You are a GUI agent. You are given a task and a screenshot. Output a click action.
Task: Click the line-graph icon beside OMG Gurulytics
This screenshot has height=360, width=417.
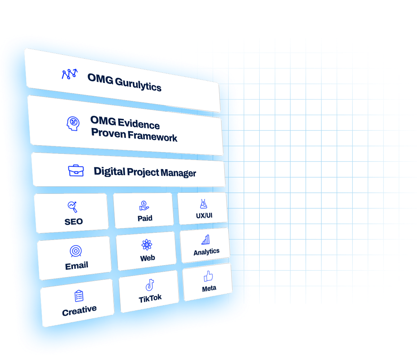tap(69, 74)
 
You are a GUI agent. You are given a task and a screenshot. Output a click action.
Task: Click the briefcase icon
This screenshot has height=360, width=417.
tap(76, 170)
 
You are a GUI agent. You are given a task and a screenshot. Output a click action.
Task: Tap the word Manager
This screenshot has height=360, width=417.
tap(178, 173)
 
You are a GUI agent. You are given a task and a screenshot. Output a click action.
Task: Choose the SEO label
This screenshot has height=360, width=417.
tap(73, 222)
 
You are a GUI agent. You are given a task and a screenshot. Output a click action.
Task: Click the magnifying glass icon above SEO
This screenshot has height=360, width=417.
tap(73, 207)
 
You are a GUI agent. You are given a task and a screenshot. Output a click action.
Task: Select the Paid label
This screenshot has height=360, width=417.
tap(145, 218)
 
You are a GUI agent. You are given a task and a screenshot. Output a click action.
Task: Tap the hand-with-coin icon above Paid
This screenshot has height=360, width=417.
tap(144, 205)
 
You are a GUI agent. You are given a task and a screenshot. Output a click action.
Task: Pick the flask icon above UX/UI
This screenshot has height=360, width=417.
tap(203, 204)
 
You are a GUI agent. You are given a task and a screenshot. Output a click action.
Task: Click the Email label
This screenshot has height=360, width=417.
tap(77, 266)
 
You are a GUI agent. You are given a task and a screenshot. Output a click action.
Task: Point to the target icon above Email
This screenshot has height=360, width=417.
tap(75, 251)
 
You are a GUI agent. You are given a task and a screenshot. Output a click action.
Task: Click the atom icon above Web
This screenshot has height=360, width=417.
tap(147, 245)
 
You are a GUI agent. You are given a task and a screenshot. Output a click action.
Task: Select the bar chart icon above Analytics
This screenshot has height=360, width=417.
tap(206, 240)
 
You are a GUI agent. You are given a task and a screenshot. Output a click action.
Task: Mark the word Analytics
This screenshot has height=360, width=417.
tap(206, 252)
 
